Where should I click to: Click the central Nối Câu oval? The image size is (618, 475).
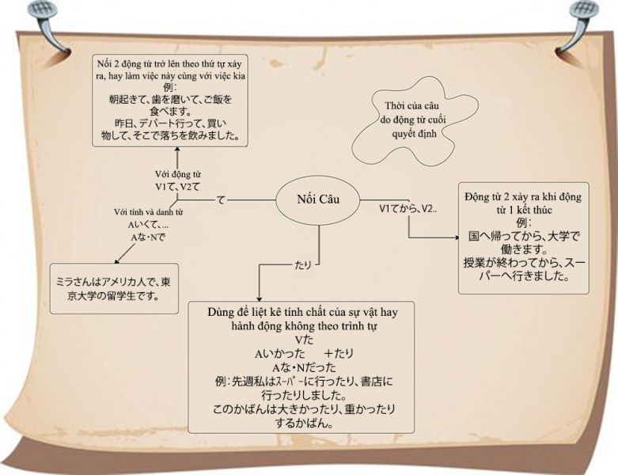(x=318, y=199)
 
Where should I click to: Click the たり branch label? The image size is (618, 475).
(x=302, y=264)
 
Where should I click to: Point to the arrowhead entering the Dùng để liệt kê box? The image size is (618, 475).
(x=260, y=294)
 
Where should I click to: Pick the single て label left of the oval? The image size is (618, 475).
(x=221, y=200)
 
